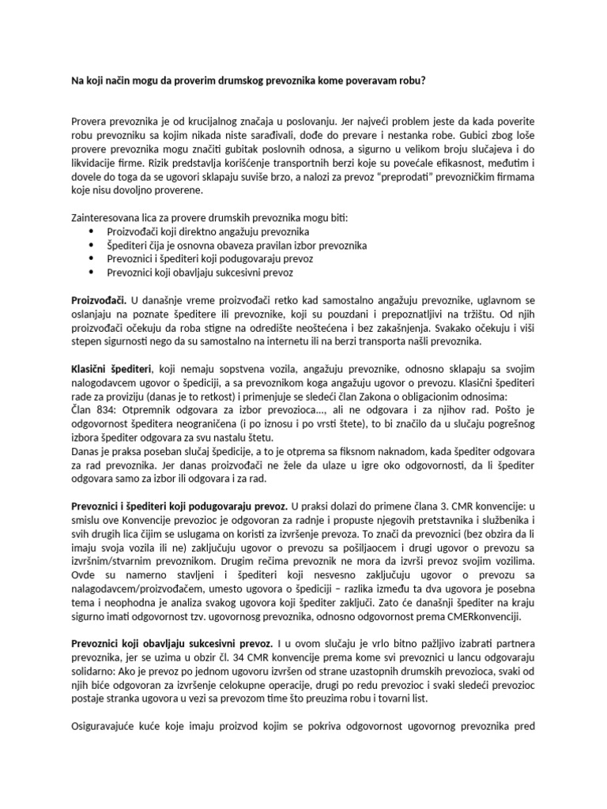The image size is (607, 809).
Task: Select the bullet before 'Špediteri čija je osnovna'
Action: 94,246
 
